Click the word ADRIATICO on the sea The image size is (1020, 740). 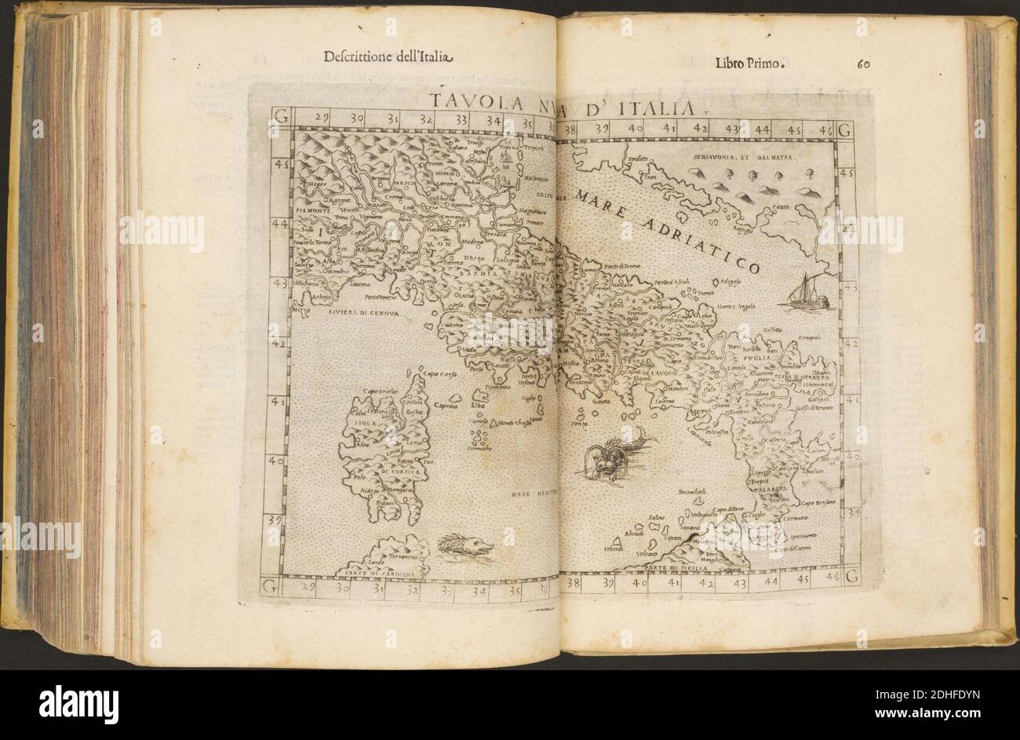coord(699,243)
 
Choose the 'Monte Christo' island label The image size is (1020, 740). coord(512,425)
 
